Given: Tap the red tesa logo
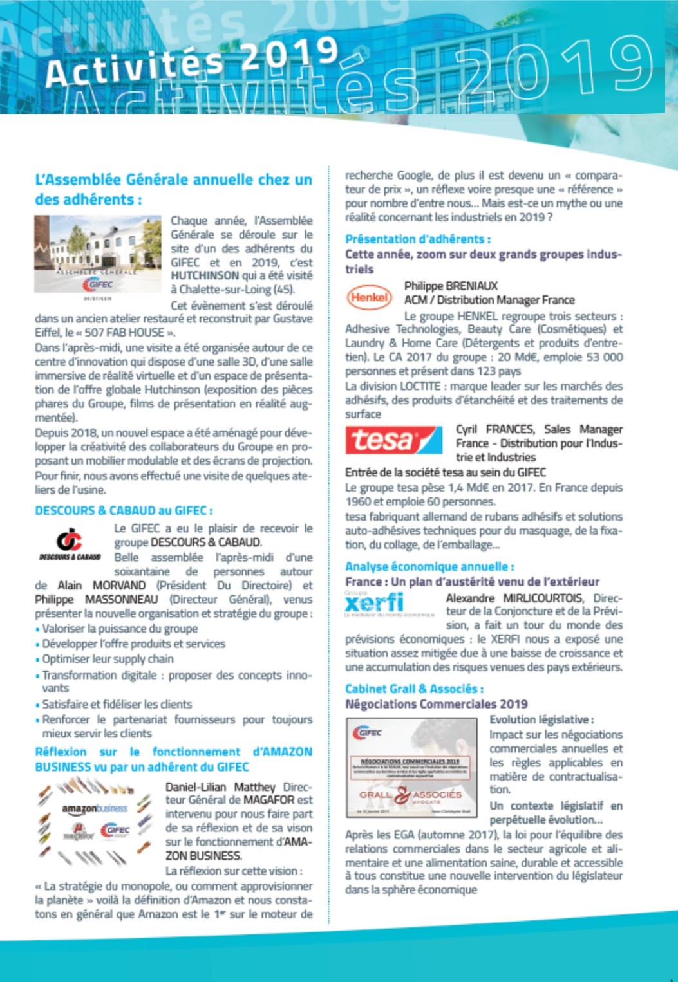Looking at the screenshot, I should click(393, 441).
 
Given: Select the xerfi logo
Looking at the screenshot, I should click(374, 603).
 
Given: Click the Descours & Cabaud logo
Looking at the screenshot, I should click(70, 544).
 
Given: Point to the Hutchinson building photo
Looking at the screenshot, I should click(98, 254).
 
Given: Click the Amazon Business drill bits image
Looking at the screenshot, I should click(94, 820).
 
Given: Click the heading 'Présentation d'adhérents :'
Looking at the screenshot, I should click(417, 239).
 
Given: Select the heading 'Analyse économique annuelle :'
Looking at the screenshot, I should click(429, 566).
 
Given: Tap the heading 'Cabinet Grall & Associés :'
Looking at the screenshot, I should click(414, 689).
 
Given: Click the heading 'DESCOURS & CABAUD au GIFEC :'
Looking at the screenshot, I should click(124, 510).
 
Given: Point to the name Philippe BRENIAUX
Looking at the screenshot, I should click(451, 286).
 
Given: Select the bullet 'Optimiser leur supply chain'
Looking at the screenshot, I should click(108, 659).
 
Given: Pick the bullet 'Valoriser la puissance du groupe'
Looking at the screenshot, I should click(120, 628).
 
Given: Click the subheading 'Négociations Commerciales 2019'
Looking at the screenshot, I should click(436, 704).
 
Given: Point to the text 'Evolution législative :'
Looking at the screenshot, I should click(541, 719).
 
